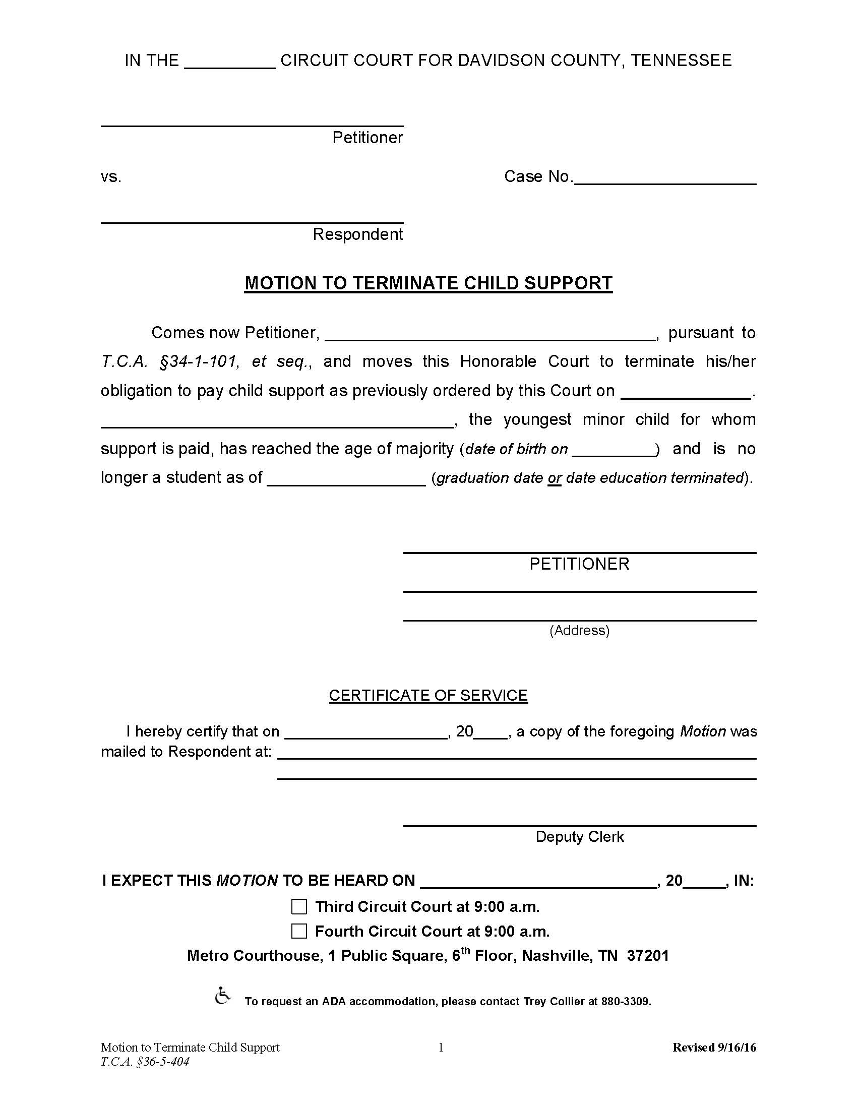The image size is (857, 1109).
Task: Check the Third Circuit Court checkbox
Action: (x=299, y=906)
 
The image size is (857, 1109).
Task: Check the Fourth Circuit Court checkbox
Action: (x=299, y=931)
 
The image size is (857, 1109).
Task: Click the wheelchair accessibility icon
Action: (x=222, y=996)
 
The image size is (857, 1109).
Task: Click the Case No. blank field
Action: (x=665, y=178)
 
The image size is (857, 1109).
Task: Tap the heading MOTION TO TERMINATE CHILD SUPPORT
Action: (x=428, y=283)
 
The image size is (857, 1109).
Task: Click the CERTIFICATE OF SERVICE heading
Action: (x=428, y=695)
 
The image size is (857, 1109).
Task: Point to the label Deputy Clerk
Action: (x=579, y=836)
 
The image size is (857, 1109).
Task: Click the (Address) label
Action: (x=579, y=630)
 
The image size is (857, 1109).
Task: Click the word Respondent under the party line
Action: (x=357, y=234)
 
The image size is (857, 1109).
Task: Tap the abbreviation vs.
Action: (x=111, y=177)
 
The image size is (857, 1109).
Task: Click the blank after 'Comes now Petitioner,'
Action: (x=490, y=334)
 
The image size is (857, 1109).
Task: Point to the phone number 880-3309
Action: (x=625, y=1001)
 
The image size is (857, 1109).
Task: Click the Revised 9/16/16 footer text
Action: (x=714, y=1047)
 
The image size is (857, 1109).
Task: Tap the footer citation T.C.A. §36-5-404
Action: (x=145, y=1062)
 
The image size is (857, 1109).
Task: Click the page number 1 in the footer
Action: (x=441, y=1047)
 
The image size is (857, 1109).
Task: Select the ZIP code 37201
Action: (x=648, y=956)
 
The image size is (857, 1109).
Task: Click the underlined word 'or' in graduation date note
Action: (x=555, y=478)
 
